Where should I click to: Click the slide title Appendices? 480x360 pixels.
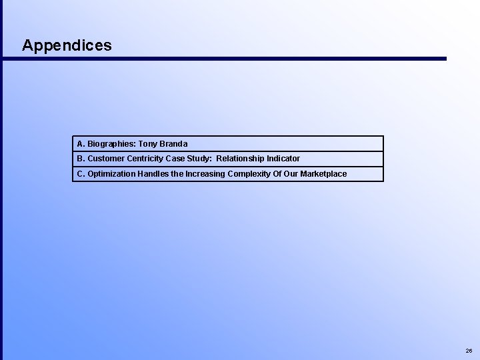click(67, 45)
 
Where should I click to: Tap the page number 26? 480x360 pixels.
click(469, 350)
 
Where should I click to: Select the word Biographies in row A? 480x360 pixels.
click(111, 144)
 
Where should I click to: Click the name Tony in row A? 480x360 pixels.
click(149, 144)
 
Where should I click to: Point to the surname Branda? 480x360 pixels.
click(174, 144)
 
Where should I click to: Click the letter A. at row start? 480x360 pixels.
click(81, 144)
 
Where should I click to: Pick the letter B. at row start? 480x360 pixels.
click(81, 159)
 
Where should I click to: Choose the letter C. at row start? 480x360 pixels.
click(81, 174)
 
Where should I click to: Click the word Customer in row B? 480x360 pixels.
click(105, 159)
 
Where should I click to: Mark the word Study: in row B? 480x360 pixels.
click(199, 159)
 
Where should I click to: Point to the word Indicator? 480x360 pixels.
click(284, 159)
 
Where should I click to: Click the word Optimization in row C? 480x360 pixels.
click(111, 174)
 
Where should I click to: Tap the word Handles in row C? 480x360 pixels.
click(153, 174)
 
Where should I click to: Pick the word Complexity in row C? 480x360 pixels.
click(251, 174)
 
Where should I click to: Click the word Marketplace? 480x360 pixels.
click(323, 174)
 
